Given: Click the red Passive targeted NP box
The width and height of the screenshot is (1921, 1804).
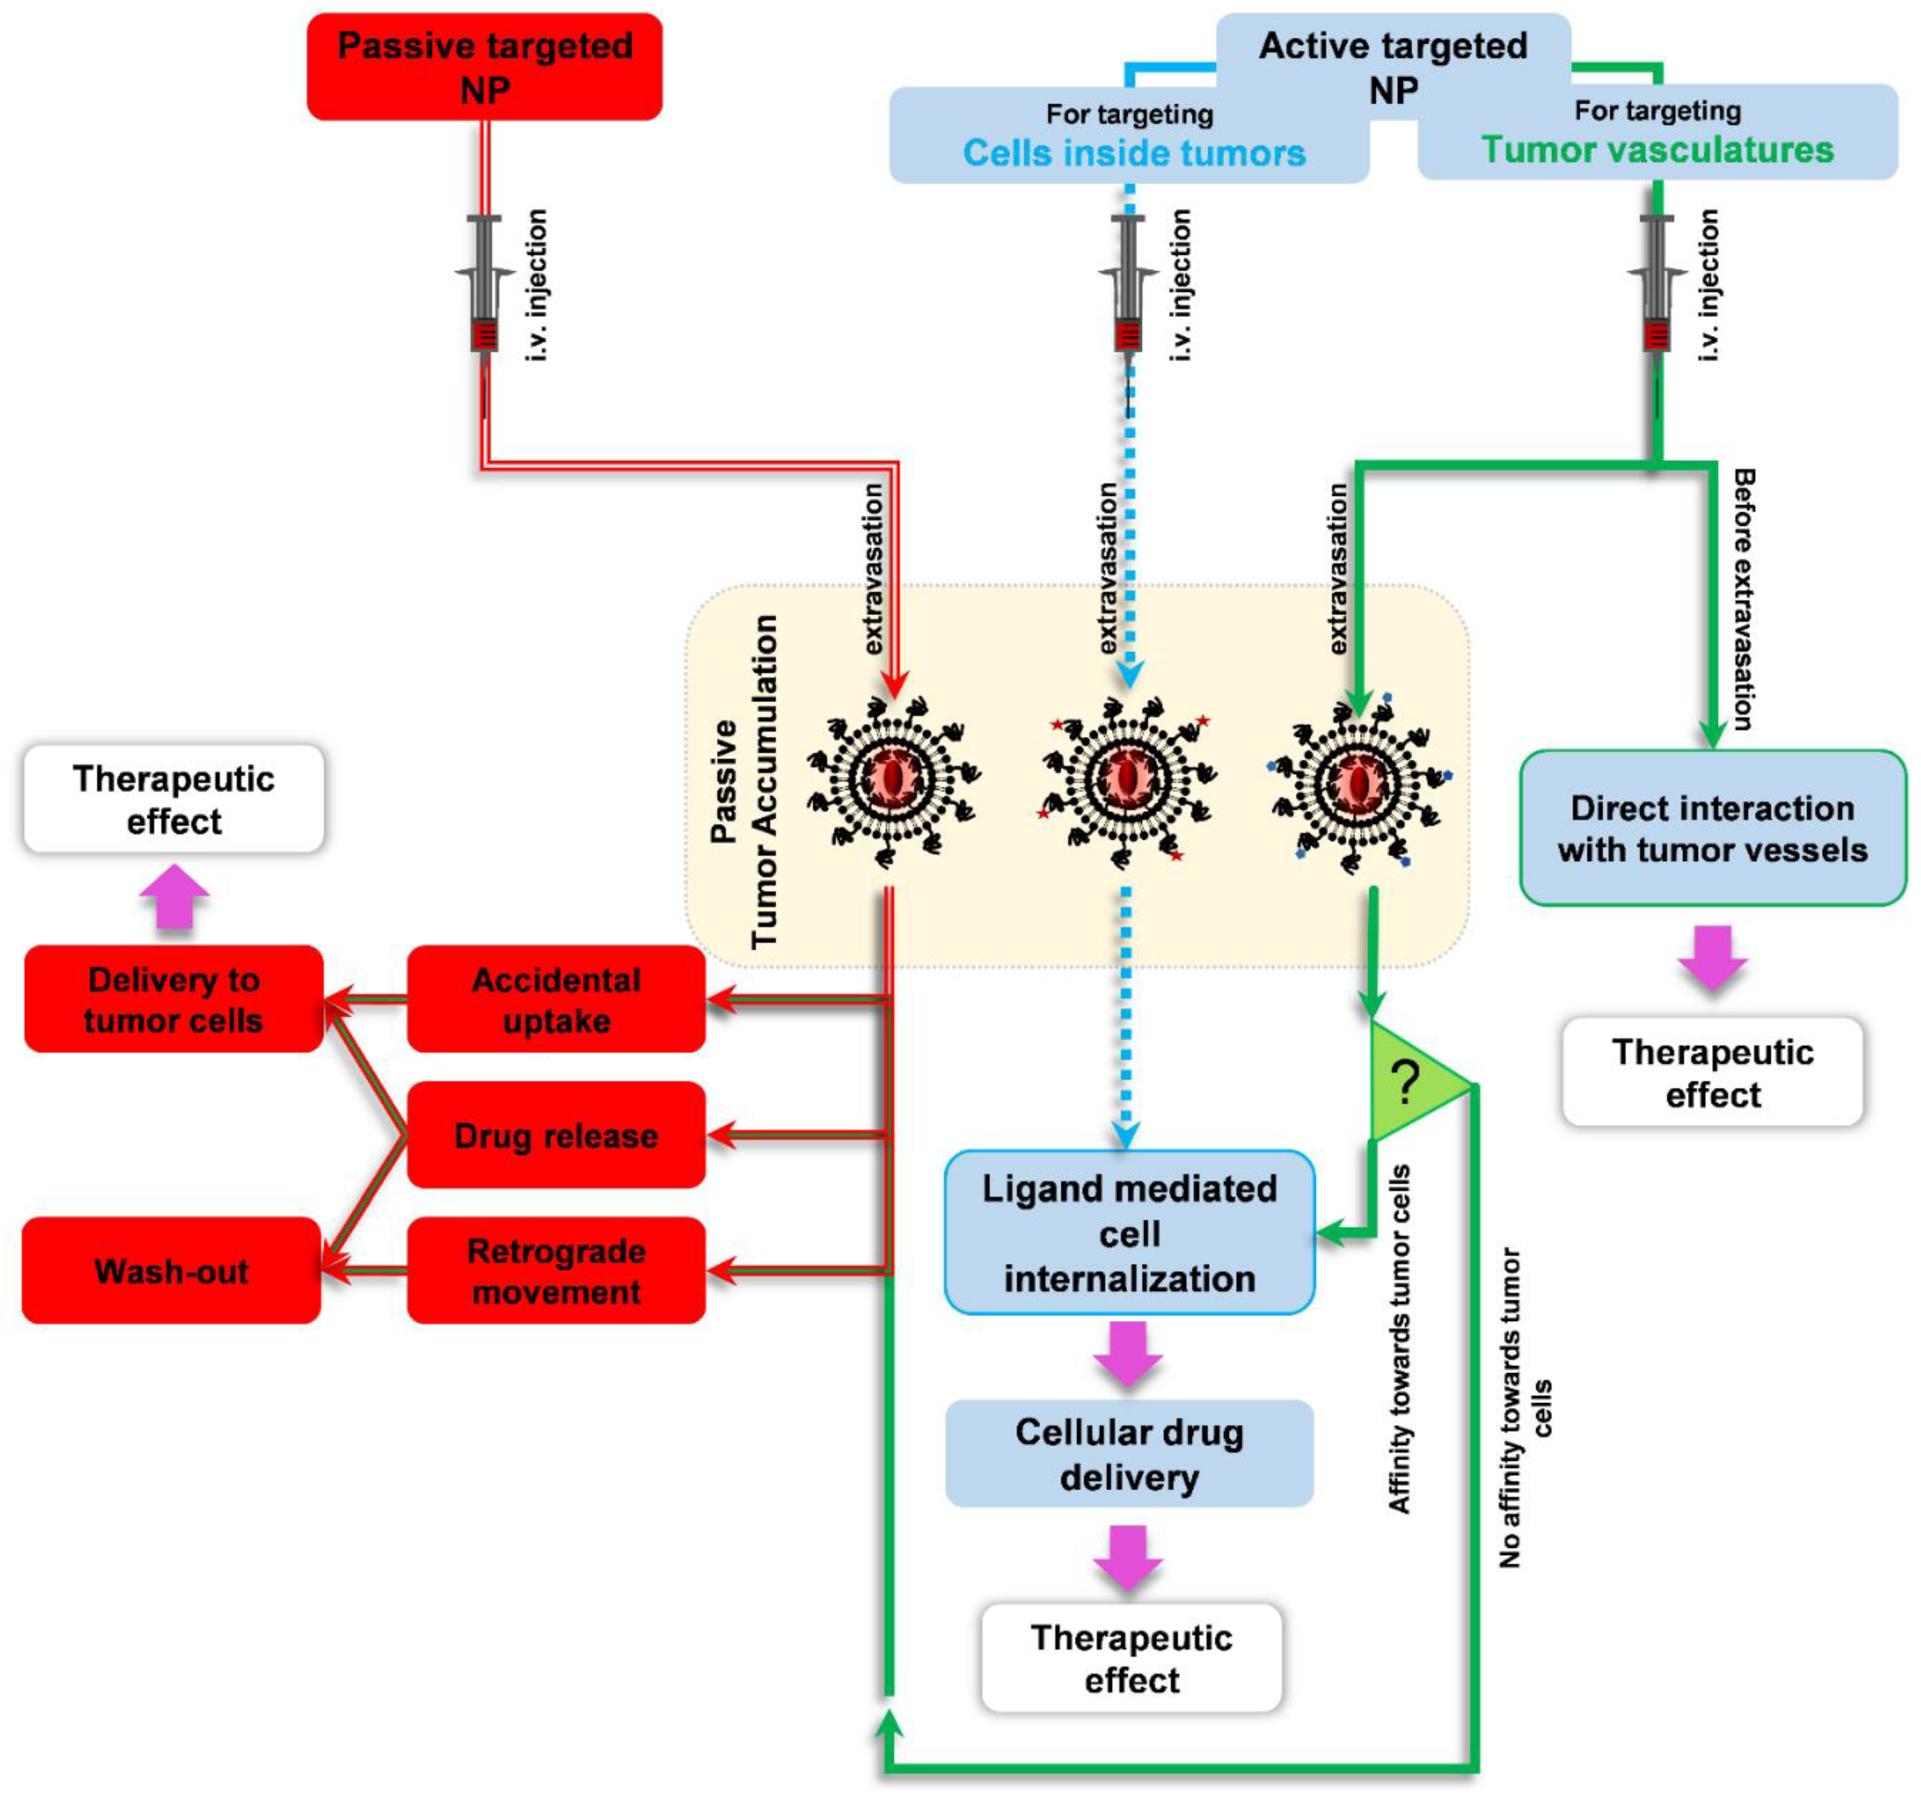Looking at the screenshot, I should pyautogui.click(x=484, y=67).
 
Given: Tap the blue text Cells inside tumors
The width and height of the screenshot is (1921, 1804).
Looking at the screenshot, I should pyautogui.click(x=1133, y=152).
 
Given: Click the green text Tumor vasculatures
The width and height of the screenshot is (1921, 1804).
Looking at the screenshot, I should pyautogui.click(x=1657, y=150).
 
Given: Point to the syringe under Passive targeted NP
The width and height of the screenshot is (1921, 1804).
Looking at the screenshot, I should pyautogui.click(x=484, y=290).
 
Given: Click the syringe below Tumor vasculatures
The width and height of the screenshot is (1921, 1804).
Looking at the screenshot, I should pyautogui.click(x=1656, y=290).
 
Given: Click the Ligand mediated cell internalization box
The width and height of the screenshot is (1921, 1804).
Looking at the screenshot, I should pyautogui.click(x=1129, y=1233).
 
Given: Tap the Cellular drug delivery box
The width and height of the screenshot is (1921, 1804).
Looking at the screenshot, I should pyautogui.click(x=1129, y=1454).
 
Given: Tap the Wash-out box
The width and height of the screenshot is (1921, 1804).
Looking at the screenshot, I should pyautogui.click(x=171, y=1271).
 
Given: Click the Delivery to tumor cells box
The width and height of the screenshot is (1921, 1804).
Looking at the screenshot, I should pyautogui.click(x=173, y=999).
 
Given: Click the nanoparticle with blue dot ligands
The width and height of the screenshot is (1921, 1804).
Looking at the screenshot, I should pyautogui.click(x=1359, y=783).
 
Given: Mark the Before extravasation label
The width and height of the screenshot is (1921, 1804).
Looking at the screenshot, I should pyautogui.click(x=1744, y=599).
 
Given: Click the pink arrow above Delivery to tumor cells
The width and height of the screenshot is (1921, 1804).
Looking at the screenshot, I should pyautogui.click(x=174, y=896).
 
